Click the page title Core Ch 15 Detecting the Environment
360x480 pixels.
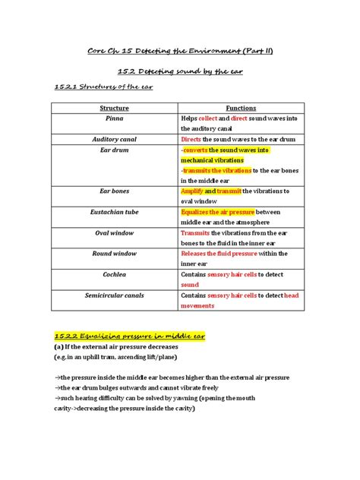180,51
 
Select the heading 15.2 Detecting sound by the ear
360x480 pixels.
180,72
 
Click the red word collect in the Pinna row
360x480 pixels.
207,119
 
